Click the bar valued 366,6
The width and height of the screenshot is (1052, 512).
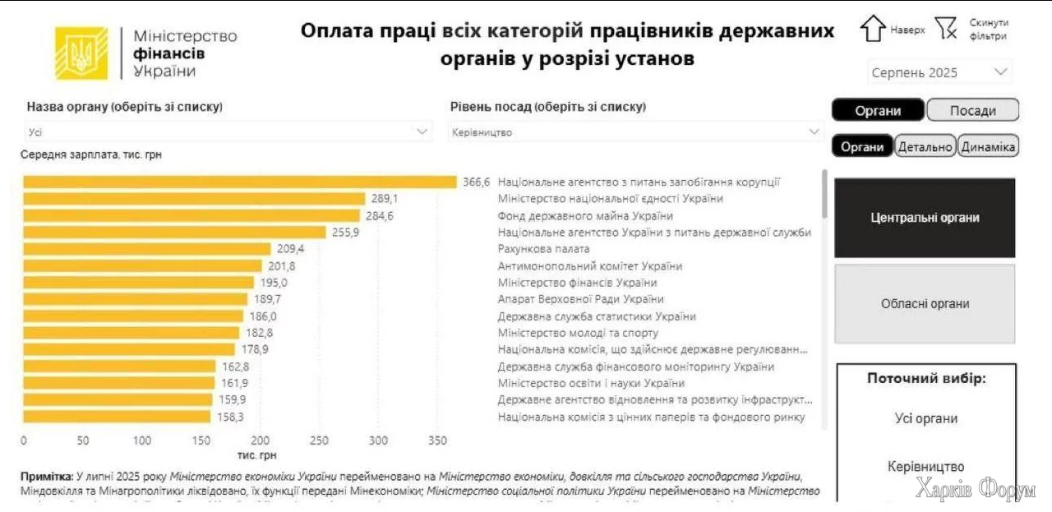click(x=239, y=182)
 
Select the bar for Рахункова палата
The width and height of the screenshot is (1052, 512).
click(x=147, y=248)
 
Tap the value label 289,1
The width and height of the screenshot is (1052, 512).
click(x=385, y=199)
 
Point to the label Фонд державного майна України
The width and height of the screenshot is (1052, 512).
click(x=585, y=216)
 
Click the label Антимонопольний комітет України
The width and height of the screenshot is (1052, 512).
click(x=590, y=266)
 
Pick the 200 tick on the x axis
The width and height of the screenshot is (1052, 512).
click(x=261, y=441)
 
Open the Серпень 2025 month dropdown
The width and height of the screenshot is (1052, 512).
click(x=939, y=72)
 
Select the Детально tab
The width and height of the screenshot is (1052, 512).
click(x=925, y=147)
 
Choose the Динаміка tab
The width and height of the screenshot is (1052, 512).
click(x=989, y=147)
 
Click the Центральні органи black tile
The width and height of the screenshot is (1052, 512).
click(x=925, y=218)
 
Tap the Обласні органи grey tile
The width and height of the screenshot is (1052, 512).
click(x=925, y=303)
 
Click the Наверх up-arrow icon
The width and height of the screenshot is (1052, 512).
click(x=872, y=29)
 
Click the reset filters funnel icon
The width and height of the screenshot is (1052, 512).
click(x=947, y=29)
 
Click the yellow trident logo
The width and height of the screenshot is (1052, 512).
click(x=81, y=53)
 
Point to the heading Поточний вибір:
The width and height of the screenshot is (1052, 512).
click(x=926, y=379)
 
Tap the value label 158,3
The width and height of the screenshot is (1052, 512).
click(x=232, y=417)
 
